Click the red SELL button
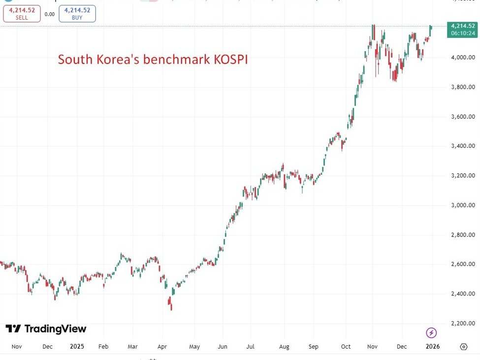(22, 14)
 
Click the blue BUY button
(77, 14)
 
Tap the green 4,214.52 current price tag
(462, 29)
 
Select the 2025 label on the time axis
(76, 346)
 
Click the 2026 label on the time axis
(432, 346)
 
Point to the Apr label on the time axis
(162, 346)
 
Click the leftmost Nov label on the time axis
(17, 346)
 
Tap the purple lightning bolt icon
(431, 332)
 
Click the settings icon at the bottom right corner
(463, 347)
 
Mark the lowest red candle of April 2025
(171, 306)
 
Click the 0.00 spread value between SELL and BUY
(49, 14)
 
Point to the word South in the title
(74, 60)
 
